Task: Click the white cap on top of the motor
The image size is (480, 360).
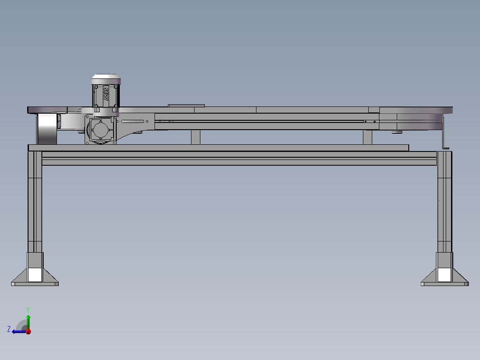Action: point(106,79)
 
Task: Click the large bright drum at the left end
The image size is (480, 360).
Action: point(46,129)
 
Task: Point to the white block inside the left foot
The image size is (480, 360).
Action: point(34,274)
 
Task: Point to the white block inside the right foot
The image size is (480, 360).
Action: point(444,274)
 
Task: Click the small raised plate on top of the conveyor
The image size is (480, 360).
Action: point(186,106)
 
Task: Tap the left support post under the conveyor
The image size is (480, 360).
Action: point(195,137)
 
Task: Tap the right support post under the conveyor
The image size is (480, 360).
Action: point(367,137)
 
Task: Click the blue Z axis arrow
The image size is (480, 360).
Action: point(18,331)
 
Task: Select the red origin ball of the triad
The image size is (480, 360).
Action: point(28,331)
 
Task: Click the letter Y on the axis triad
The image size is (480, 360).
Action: point(28,309)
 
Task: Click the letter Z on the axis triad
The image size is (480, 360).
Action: point(9,329)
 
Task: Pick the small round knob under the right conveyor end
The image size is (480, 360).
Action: point(396,132)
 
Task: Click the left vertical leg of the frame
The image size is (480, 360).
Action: point(35,200)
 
